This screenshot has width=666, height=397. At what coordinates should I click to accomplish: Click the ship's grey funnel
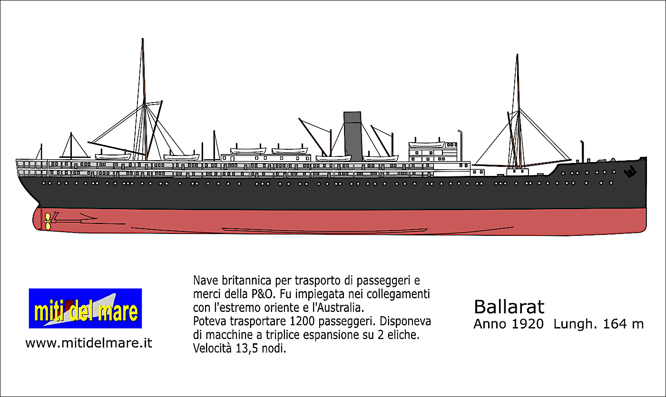(353, 136)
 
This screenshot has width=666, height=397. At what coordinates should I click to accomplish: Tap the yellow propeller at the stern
(47, 221)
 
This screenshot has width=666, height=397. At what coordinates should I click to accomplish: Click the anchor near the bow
(631, 172)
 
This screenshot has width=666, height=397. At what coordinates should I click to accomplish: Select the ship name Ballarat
(509, 307)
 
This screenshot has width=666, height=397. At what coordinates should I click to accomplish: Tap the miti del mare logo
(85, 308)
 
